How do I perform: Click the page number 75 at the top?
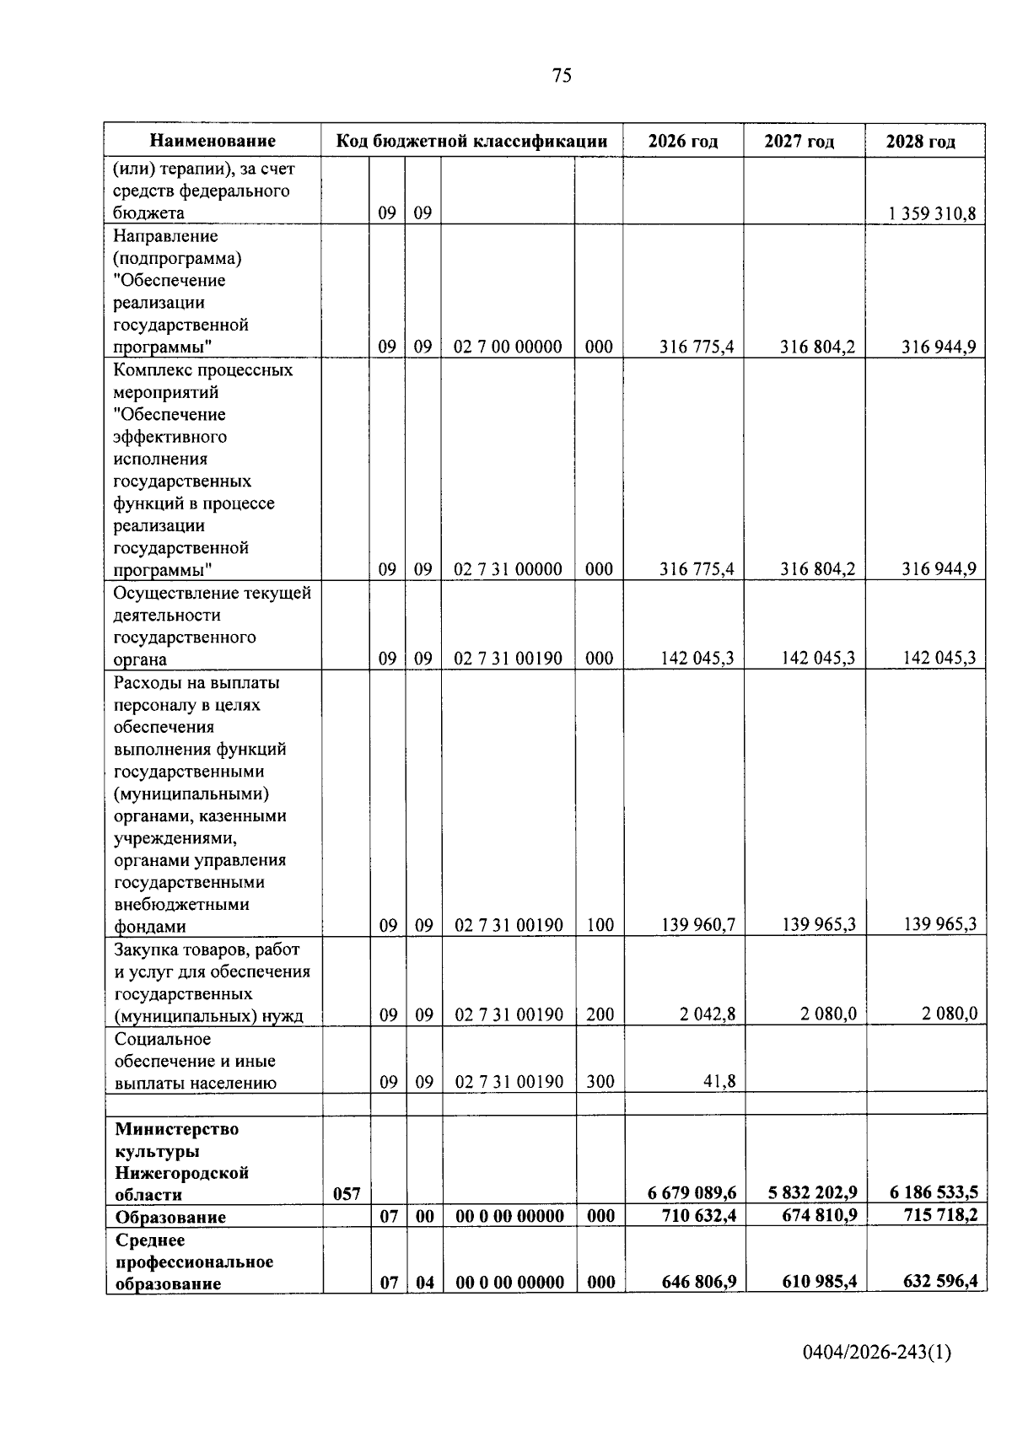coord(562,76)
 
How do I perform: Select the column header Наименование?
coord(213,141)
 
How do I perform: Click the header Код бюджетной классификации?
coord(471,141)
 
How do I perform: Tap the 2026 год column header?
coord(683,141)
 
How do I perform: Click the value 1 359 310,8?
coord(931,213)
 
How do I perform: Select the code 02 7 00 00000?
coord(508,347)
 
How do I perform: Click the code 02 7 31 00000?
coord(508,569)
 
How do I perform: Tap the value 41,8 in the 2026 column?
coord(719,1081)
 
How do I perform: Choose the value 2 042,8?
coord(708,1014)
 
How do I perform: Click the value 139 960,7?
coord(697,925)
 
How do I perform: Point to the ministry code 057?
coord(347,1194)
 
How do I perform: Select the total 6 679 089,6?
coord(692,1193)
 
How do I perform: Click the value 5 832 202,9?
coord(813,1193)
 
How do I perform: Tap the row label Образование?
coord(170,1217)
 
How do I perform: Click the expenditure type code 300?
coord(600,1081)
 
